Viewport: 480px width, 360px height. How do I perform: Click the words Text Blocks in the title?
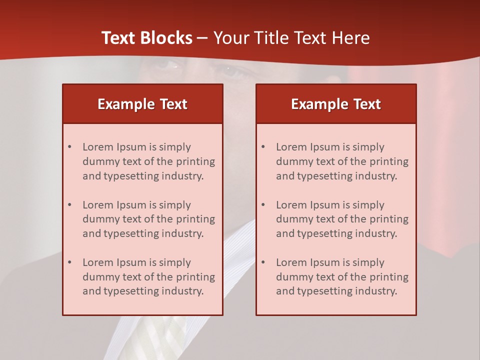click(x=146, y=38)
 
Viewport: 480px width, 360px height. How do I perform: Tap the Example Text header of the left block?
click(x=142, y=104)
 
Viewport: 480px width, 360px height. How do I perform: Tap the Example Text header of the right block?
click(x=336, y=104)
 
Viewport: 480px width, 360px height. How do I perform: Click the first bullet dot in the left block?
click(x=70, y=147)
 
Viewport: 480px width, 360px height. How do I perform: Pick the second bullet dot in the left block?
click(x=70, y=205)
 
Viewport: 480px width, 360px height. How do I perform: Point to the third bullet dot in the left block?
click(x=70, y=262)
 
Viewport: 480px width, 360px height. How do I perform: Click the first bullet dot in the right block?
click(x=263, y=147)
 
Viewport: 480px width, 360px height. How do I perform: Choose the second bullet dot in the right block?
click(x=263, y=205)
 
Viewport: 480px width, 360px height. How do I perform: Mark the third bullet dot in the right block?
click(x=263, y=262)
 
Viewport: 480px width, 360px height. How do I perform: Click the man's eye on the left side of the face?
click(x=169, y=64)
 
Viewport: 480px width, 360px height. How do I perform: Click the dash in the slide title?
click(x=203, y=38)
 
